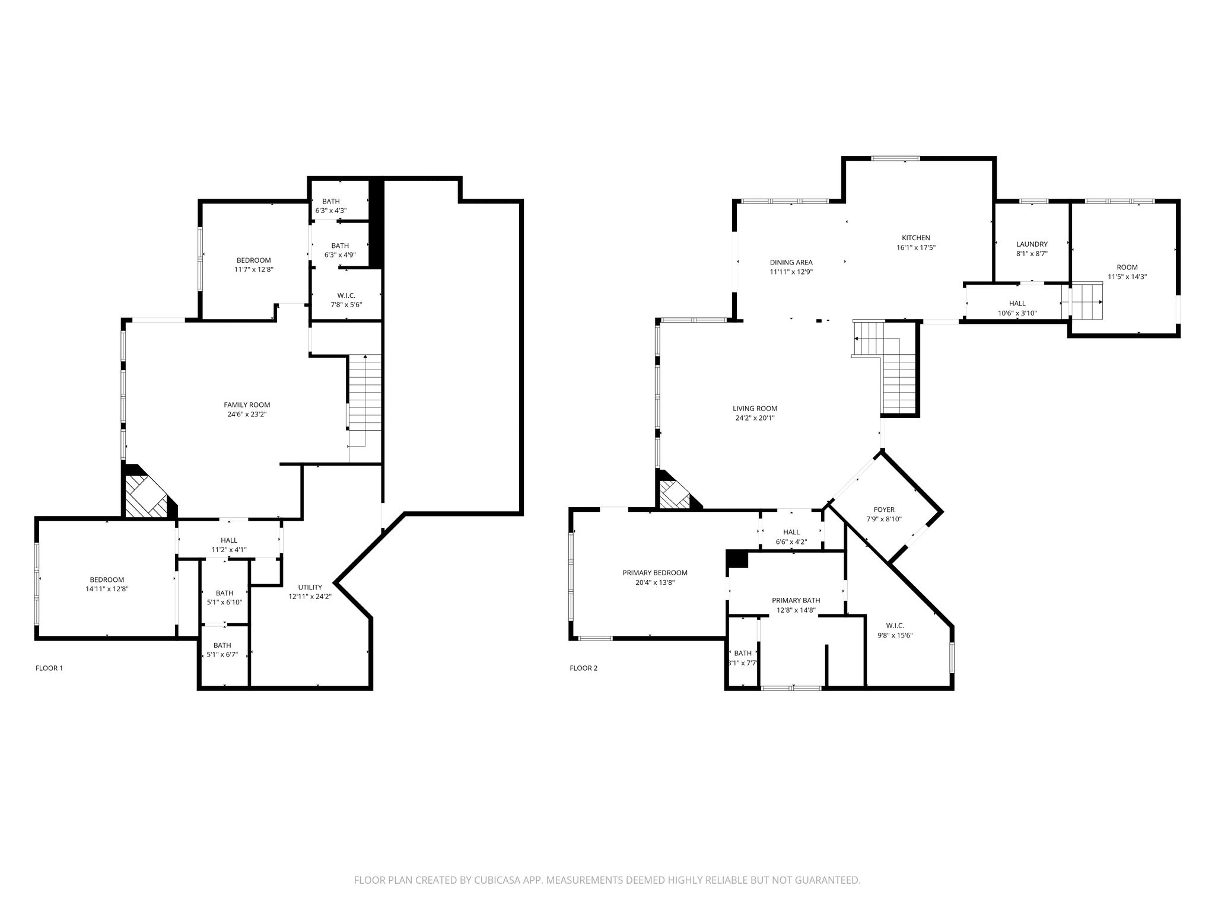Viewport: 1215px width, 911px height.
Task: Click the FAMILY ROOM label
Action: coord(247,405)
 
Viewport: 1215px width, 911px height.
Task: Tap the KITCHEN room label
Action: coord(916,238)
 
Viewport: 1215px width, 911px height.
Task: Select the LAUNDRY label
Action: coord(1032,244)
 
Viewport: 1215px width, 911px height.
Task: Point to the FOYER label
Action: coord(884,509)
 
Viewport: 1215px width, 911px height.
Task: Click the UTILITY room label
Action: coord(310,587)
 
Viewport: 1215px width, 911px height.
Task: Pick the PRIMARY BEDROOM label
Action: coord(655,573)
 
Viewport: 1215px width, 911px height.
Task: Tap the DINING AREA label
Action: coord(791,262)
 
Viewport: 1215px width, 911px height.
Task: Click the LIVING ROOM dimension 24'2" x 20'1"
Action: coord(755,418)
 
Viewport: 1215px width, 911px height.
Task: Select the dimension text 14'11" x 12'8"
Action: coord(107,589)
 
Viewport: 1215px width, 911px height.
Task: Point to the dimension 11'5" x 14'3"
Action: coord(1127,276)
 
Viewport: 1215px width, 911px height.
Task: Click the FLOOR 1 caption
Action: coord(49,668)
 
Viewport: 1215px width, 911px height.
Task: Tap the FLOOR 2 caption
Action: coord(584,668)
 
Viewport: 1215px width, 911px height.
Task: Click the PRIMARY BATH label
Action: coord(796,600)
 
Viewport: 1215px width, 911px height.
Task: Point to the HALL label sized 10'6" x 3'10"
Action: coord(1017,304)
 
